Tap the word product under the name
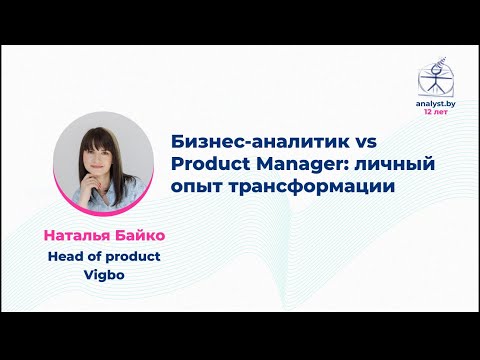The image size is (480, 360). (134, 256)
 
